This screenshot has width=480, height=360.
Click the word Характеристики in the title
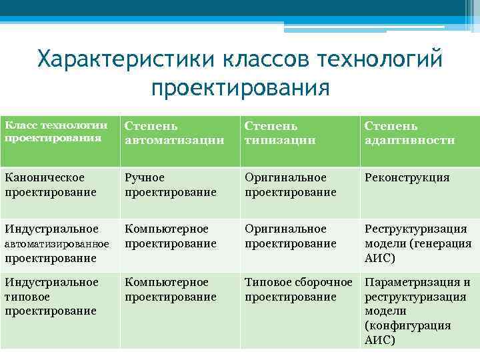[x=126, y=60]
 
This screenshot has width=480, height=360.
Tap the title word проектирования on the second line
[x=240, y=87]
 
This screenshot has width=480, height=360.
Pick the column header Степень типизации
[x=279, y=133]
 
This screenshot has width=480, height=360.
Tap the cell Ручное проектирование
[x=171, y=185]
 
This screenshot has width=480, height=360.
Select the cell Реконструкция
[x=407, y=178]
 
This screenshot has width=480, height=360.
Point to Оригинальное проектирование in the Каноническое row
[x=290, y=185]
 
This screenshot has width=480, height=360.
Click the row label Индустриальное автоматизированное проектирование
[x=56, y=243]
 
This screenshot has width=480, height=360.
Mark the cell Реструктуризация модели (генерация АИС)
[x=417, y=243]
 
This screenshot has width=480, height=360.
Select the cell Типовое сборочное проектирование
[x=298, y=289]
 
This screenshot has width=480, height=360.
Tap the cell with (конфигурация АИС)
[x=407, y=333]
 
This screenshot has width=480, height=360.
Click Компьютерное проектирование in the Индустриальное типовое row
[x=171, y=289]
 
